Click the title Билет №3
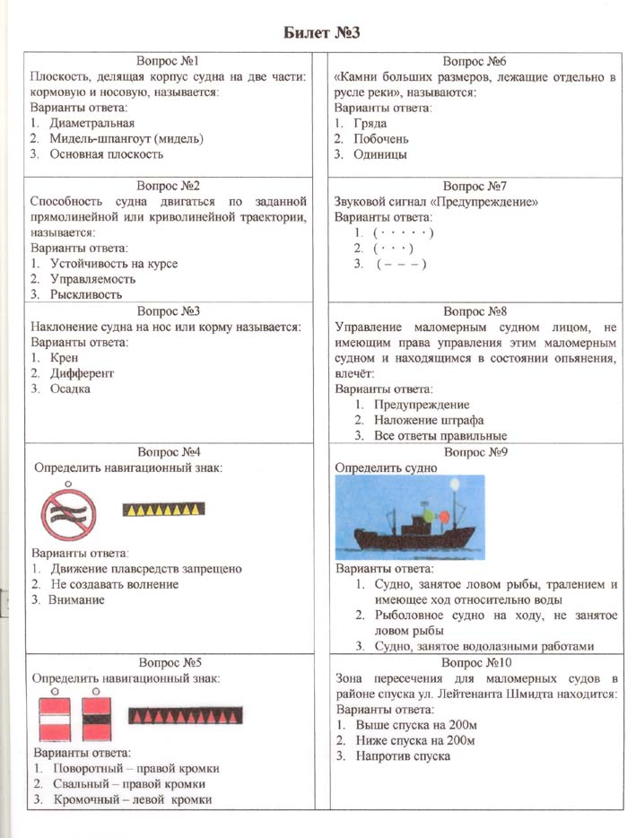[319, 33]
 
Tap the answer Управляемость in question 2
[93, 279]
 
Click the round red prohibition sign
[68, 513]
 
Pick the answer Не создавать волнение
[114, 584]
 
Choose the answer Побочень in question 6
[381, 139]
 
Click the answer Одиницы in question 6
[379, 154]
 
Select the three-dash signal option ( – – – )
[401, 264]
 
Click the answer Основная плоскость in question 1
[107, 154]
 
